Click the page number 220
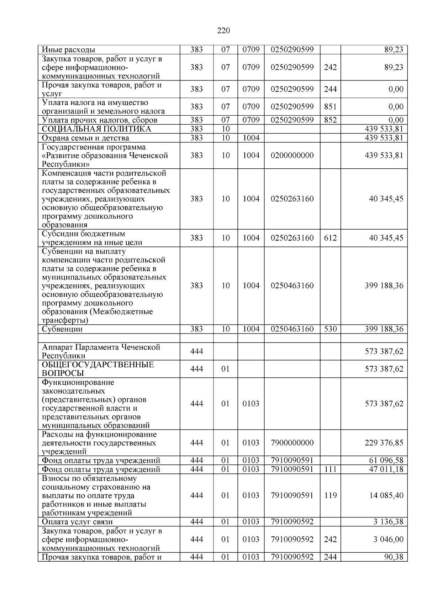coord(223,31)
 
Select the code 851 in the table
coord(330,107)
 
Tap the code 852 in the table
coord(330,120)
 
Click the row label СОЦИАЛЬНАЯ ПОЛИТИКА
coord(96,129)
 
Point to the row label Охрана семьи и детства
coord(85,138)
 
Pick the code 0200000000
coord(292,156)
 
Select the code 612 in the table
coord(330,238)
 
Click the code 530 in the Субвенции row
coord(330,329)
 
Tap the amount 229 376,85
coord(384,443)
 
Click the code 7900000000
coord(292,443)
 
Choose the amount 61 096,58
coord(386,461)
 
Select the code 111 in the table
coord(330,469)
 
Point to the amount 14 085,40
coord(386,495)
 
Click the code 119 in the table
coord(330,495)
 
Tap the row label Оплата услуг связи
coord(77,522)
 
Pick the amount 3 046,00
coord(388,539)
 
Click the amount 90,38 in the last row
coord(394,557)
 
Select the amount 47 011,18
coord(386,469)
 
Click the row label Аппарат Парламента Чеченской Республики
coord(101,351)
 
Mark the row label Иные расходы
coord(68,50)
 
